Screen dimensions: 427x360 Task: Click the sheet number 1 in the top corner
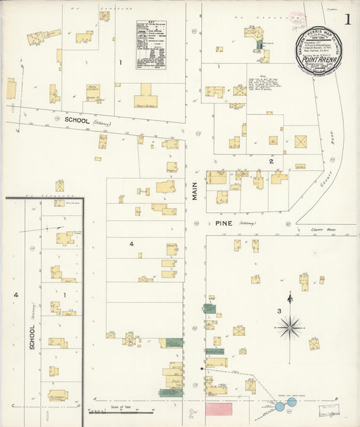(x=348, y=20)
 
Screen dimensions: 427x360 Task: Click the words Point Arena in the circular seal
(x=318, y=59)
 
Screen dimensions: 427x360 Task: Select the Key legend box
(x=151, y=45)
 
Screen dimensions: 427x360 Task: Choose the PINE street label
(x=223, y=222)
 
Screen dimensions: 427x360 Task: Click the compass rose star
(x=290, y=327)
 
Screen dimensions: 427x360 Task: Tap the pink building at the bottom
(x=218, y=409)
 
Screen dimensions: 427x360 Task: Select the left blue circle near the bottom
(x=280, y=406)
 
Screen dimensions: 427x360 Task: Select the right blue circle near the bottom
(x=292, y=402)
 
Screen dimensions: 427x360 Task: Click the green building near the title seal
(x=259, y=45)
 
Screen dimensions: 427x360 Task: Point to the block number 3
(x=278, y=311)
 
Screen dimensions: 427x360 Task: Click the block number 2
(x=271, y=161)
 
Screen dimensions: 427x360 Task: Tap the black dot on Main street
(x=203, y=369)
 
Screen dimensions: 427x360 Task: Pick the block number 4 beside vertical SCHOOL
(x=15, y=295)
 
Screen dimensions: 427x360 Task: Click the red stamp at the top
(x=297, y=18)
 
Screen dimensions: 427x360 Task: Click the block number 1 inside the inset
(x=65, y=295)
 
